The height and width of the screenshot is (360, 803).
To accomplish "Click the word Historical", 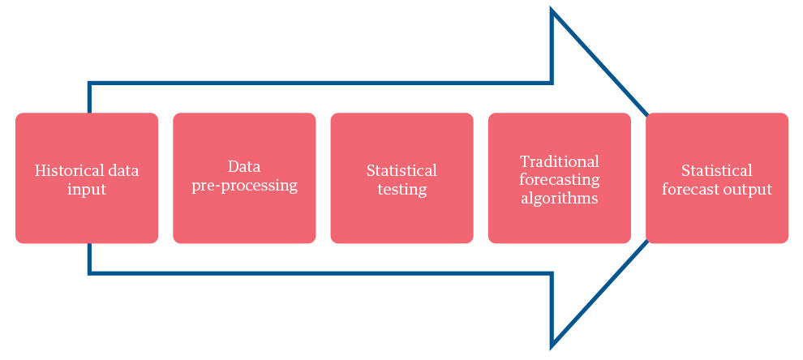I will (68, 170).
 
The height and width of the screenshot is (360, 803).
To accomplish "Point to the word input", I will (87, 190).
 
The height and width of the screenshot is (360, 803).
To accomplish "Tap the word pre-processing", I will (244, 186).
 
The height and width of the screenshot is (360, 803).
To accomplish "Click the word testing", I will (401, 190).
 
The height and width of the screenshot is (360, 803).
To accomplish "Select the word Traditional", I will (559, 161).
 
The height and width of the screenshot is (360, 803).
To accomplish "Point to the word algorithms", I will (559, 198).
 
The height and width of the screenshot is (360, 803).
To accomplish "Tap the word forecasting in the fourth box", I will (559, 179).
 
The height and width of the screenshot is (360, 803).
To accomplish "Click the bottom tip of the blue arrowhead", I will (552, 345).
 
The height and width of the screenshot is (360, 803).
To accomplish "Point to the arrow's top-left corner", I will (89, 84).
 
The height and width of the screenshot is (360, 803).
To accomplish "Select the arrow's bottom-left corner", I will (89, 272).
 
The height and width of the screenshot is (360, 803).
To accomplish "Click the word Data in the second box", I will (244, 167).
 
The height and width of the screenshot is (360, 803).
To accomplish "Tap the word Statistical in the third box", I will (401, 170).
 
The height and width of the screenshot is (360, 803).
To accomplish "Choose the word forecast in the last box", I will (689, 190).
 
